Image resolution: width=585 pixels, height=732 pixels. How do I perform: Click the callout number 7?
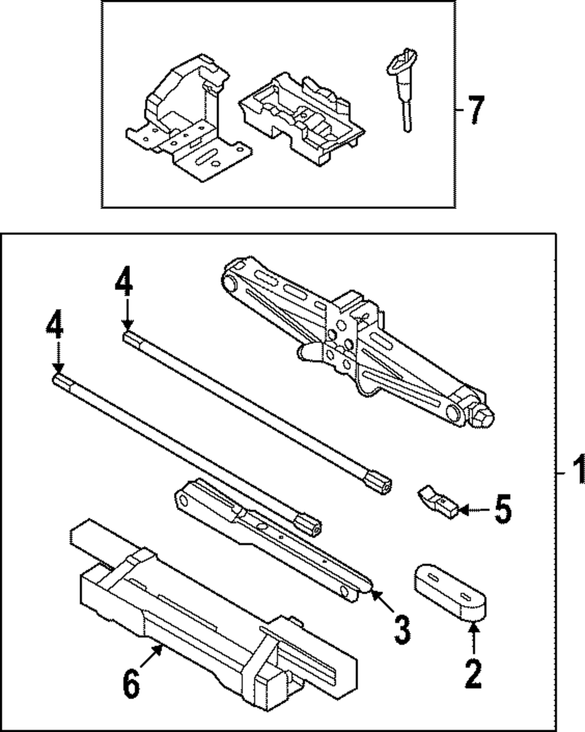click(x=476, y=110)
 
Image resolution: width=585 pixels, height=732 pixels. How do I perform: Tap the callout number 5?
click(x=502, y=509)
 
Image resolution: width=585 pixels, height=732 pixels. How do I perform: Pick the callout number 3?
click(x=401, y=630)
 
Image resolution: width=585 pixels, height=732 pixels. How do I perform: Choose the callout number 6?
click(x=132, y=683)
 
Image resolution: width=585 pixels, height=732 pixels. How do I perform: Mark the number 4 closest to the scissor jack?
click(x=123, y=285)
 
